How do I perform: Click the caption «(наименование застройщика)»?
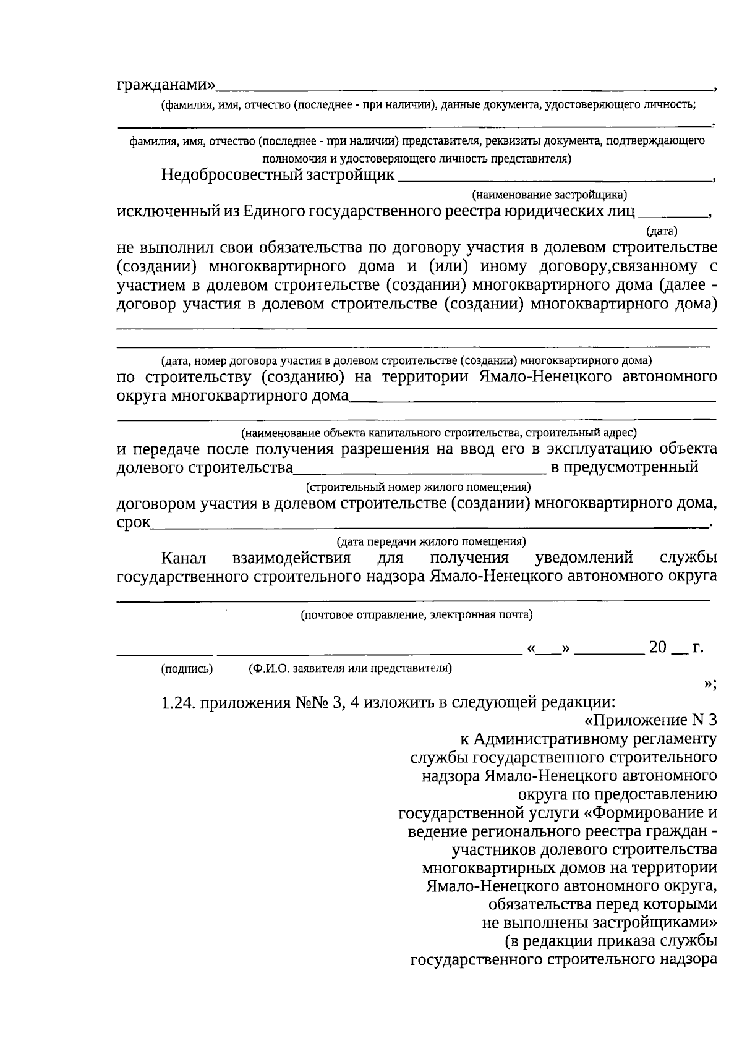[549, 195]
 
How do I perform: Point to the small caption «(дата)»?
[661, 232]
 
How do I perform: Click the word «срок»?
[133, 524]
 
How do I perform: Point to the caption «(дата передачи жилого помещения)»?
[431, 541]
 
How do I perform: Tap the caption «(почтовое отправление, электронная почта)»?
[417, 614]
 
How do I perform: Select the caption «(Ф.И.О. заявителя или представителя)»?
[349, 668]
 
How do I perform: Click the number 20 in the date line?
[657, 648]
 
